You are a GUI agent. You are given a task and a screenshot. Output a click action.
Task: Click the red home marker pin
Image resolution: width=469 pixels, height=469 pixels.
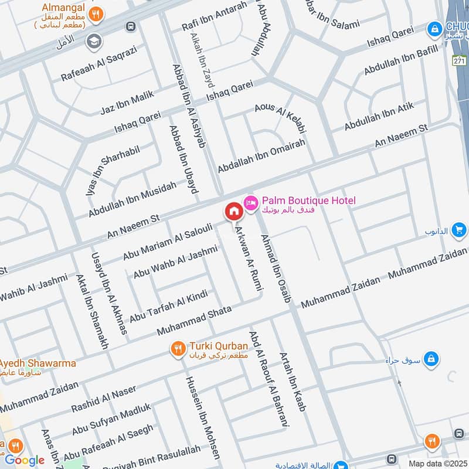(233, 211)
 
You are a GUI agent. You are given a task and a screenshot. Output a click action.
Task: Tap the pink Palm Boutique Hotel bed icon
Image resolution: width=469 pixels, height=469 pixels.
(251, 202)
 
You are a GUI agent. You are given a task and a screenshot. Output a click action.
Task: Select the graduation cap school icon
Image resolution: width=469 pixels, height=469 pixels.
(93, 41)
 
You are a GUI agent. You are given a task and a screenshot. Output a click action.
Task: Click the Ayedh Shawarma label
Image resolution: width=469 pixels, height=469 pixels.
(38, 363)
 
